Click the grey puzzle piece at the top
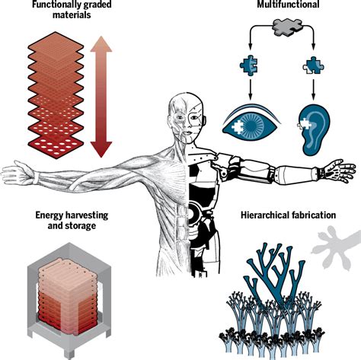point(288,27)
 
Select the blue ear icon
point(315,129)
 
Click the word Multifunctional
point(288,4)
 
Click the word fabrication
point(313,215)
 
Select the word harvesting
point(87,215)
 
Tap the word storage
point(80,226)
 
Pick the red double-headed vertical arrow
point(101,97)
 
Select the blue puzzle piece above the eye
point(249,65)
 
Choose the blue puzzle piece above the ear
point(313,65)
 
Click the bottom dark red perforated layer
point(56,145)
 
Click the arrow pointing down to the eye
point(251,89)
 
